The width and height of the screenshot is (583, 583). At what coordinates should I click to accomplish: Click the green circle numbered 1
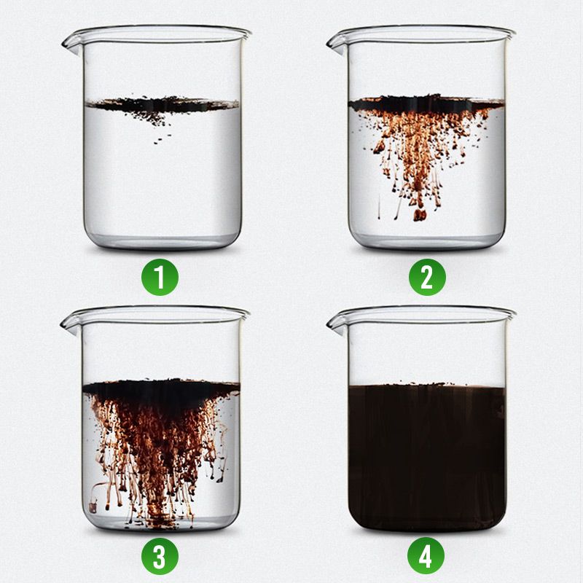160,278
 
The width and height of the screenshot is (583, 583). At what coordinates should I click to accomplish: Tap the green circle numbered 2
427,278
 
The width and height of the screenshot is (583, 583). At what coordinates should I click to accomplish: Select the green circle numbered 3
160,556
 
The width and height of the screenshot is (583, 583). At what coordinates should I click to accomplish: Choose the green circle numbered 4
426,556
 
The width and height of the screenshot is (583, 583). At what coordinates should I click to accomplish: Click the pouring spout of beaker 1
71,44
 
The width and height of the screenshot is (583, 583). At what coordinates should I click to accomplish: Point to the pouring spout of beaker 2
337,44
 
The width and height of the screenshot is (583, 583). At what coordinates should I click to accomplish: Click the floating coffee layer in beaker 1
162,104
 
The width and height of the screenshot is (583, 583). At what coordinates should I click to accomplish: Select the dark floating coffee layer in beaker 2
426,103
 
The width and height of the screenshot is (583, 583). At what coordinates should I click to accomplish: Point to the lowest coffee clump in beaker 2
420,214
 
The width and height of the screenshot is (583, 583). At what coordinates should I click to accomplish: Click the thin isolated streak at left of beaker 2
379,206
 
